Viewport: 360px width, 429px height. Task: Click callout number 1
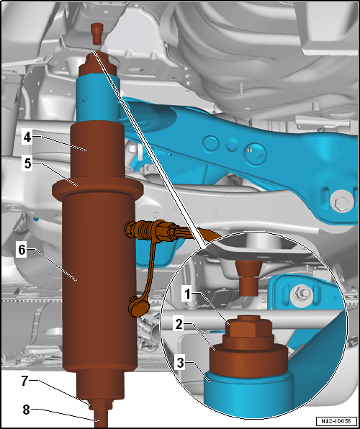coord(187,295)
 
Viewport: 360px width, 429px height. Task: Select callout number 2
coord(179,325)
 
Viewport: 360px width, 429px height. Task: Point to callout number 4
coord(27,137)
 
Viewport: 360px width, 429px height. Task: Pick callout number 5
coord(27,164)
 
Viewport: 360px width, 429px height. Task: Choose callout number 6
coord(22,250)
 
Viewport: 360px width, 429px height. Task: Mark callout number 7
coord(25,381)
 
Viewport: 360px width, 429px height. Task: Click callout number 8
coord(27,410)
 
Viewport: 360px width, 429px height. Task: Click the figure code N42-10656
coord(336,420)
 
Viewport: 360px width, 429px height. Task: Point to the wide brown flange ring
coord(98,189)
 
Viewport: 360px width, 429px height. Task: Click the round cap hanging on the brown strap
coord(138,307)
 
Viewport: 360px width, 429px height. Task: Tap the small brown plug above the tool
coord(97,34)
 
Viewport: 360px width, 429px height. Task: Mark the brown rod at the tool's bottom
coord(101,419)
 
